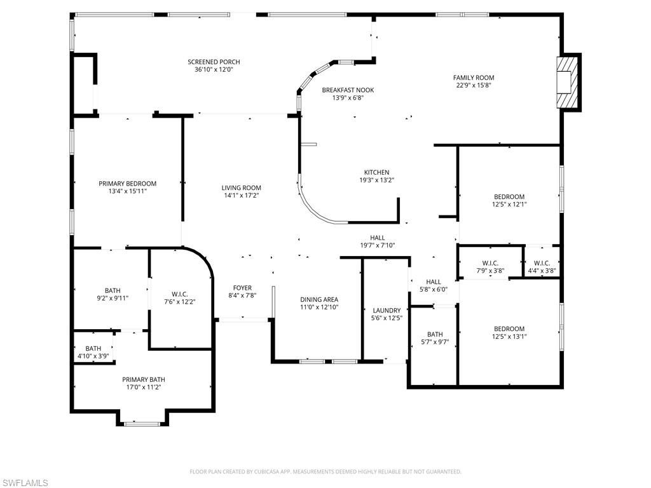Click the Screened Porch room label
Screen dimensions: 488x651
(x=214, y=62)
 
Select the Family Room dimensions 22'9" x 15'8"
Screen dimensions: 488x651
(x=474, y=85)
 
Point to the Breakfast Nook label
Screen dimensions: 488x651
(x=348, y=90)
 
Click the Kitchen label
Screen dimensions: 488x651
(x=376, y=172)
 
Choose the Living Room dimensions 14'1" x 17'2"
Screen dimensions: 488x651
(x=241, y=196)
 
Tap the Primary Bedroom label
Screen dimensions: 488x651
(x=127, y=184)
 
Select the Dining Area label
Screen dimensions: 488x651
(x=319, y=299)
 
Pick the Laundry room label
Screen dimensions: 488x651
(x=387, y=311)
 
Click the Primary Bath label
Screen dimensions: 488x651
(x=144, y=379)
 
